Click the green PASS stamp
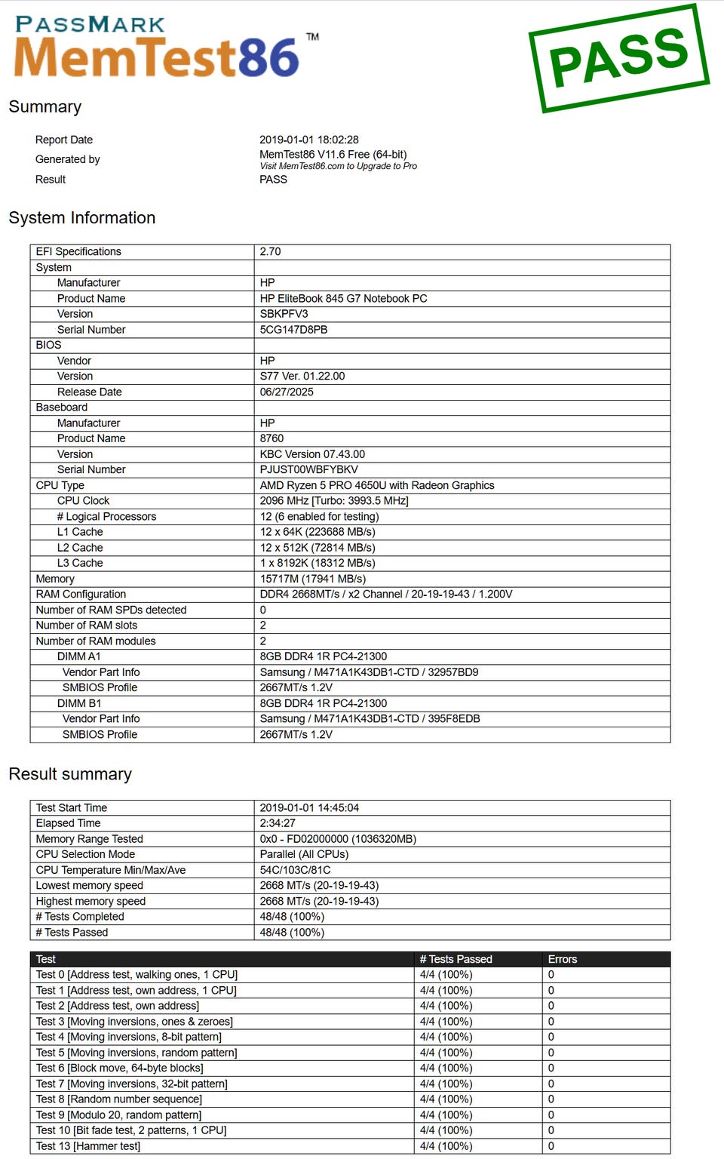[x=619, y=58]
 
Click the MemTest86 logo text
[x=157, y=57]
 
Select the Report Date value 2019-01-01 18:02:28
[x=309, y=140]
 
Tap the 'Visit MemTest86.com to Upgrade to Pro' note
[x=338, y=166]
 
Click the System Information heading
[x=82, y=218]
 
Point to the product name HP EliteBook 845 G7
[x=343, y=298]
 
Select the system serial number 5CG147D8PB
[x=293, y=330]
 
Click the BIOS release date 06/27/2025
[x=287, y=392]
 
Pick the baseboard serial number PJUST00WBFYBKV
[x=309, y=469]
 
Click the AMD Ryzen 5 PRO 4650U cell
[x=377, y=485]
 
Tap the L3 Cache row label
[x=80, y=563]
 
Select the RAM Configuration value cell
[x=386, y=594]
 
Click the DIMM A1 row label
[x=78, y=656]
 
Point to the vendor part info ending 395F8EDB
[x=370, y=718]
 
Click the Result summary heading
[x=70, y=774]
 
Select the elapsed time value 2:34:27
[x=278, y=823]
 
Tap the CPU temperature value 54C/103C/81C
[x=295, y=870]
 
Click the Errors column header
[x=563, y=959]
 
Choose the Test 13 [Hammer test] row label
[x=88, y=1146]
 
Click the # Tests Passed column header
[x=456, y=959]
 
